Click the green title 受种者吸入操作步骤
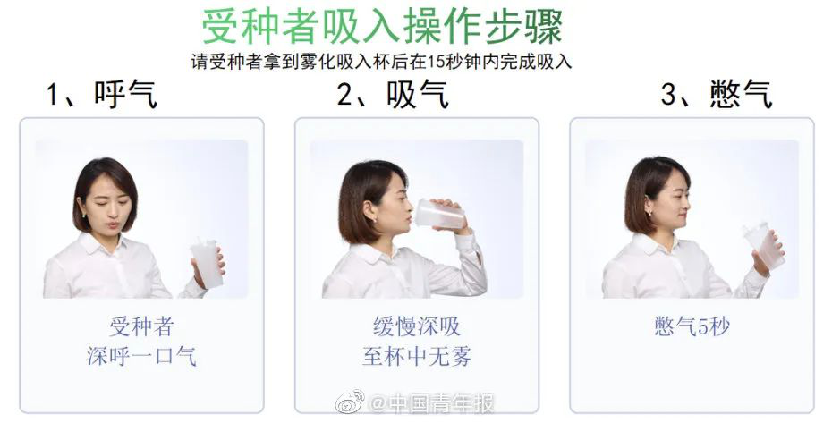point(382,27)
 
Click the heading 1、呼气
point(102,94)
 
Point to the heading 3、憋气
point(716,94)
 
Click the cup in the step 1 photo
point(207,263)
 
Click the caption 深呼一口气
point(141,357)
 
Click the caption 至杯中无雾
point(416,357)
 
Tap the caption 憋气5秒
point(692,326)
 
